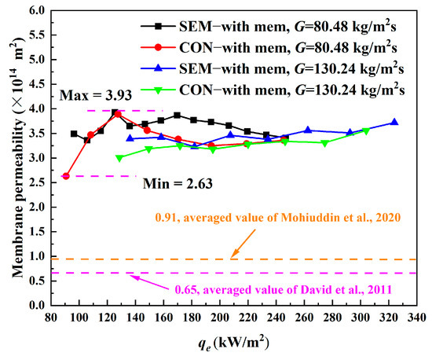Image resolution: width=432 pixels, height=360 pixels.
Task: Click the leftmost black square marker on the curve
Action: click(75, 134)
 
